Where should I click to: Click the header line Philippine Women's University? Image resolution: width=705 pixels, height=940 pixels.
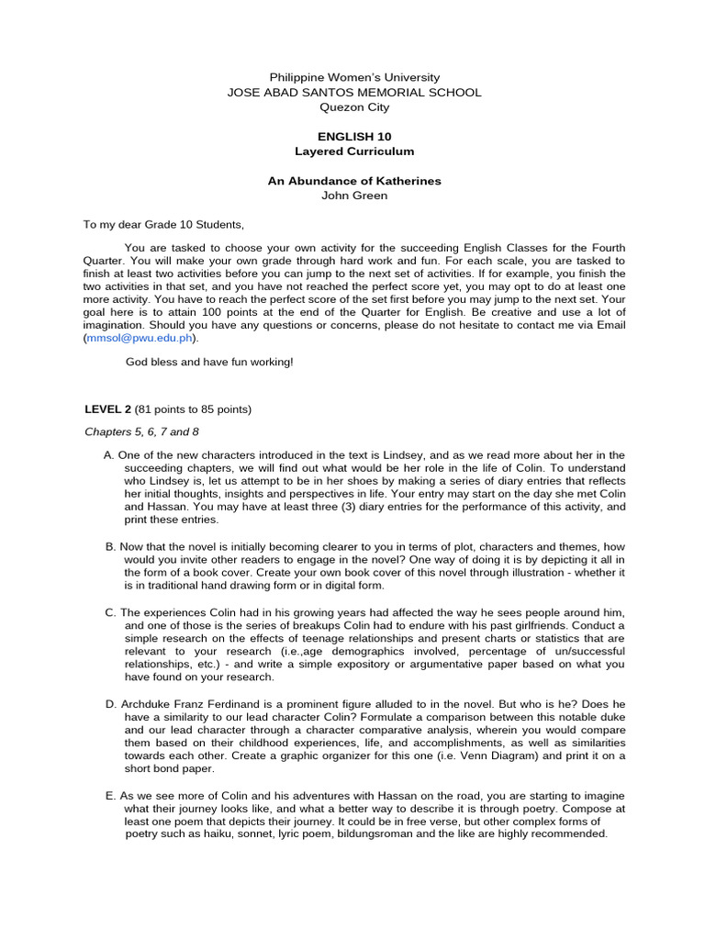point(353,78)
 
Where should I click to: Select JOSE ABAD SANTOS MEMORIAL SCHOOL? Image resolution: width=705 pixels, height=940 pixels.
point(353,93)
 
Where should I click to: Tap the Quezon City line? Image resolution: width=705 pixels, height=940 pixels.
point(353,107)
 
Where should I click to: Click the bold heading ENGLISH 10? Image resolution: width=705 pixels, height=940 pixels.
point(353,136)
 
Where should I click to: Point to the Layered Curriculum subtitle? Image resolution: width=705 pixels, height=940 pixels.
point(353,151)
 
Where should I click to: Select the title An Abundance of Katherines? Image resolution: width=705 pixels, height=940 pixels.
point(353,181)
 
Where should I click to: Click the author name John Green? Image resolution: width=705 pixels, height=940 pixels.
point(353,196)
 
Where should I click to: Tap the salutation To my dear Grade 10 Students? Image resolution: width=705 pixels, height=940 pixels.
point(164,225)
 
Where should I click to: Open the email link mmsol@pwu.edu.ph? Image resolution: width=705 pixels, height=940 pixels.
point(140,338)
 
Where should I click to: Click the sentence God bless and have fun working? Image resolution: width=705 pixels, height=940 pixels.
point(209,362)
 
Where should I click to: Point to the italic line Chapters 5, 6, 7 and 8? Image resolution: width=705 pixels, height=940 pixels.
point(141,431)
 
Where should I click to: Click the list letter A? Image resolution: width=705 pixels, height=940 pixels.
point(110,455)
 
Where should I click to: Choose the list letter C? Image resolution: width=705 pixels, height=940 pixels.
point(110,612)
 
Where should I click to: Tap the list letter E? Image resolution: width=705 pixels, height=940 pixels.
point(110,795)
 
